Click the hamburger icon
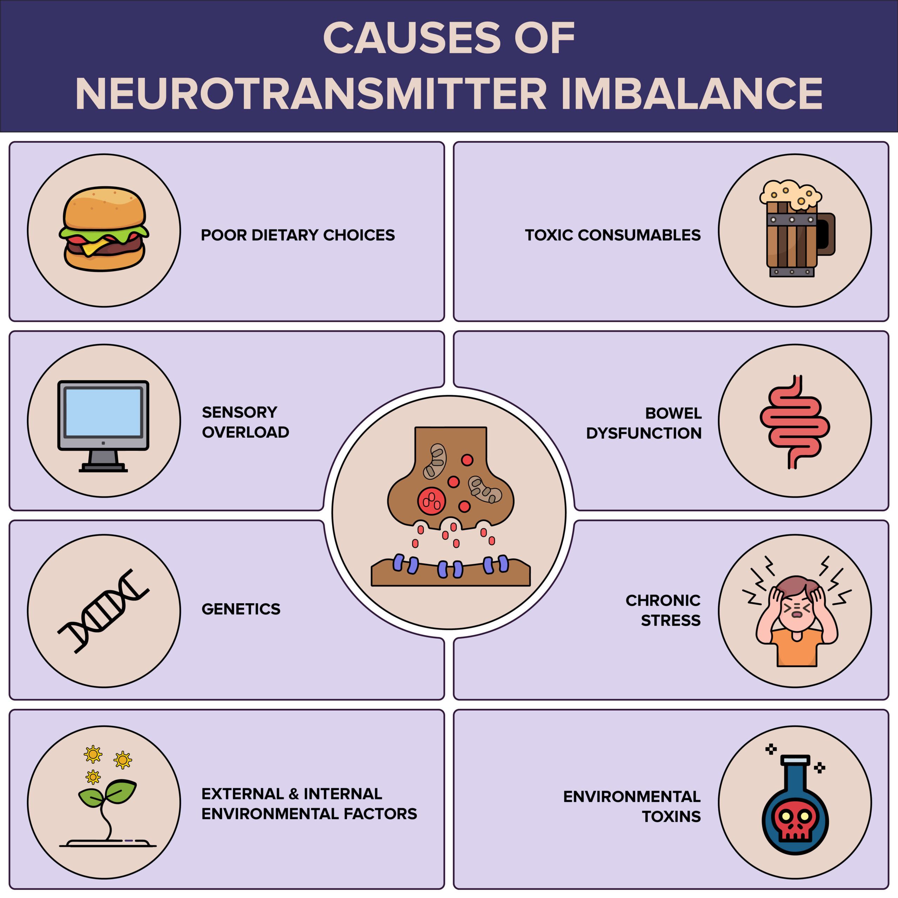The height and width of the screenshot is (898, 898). point(104,229)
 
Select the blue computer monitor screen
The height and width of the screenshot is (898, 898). point(103,412)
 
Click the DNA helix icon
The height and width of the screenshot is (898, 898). point(103,611)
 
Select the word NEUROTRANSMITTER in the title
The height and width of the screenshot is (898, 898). point(310,94)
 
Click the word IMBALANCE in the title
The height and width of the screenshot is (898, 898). point(692,94)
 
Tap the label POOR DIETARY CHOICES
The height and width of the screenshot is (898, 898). point(297,235)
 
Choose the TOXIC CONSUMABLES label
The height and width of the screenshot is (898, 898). point(612,235)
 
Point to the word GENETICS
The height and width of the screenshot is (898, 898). point(241,609)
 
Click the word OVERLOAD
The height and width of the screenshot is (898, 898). point(246,432)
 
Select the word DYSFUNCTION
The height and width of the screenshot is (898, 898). point(644,433)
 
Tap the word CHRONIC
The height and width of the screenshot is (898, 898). point(663,601)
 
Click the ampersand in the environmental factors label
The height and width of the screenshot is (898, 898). point(293,794)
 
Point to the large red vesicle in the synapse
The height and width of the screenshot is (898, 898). point(431,501)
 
